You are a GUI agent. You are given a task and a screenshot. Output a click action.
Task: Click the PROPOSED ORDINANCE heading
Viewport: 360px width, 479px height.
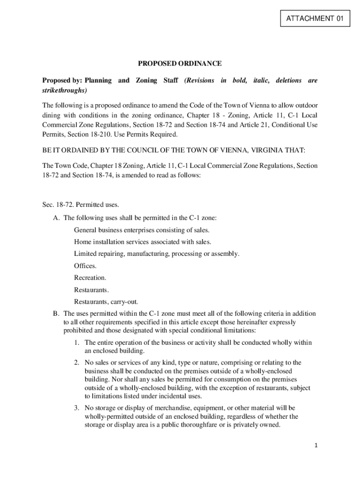point(180,64)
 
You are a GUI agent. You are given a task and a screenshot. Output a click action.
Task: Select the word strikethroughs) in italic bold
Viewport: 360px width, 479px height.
point(65,90)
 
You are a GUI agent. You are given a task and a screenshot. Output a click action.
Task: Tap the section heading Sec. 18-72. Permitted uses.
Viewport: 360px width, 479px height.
point(81,204)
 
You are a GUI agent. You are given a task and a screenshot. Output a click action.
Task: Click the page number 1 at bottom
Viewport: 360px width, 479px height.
point(316,446)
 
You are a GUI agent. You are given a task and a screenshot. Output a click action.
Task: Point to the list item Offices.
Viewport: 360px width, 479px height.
point(86,266)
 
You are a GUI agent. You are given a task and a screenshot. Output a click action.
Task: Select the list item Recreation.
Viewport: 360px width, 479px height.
point(90,278)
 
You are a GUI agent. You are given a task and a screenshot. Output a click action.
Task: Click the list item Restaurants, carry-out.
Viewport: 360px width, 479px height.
point(106,302)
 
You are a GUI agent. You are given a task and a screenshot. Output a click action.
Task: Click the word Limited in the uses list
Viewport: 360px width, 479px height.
point(86,254)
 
